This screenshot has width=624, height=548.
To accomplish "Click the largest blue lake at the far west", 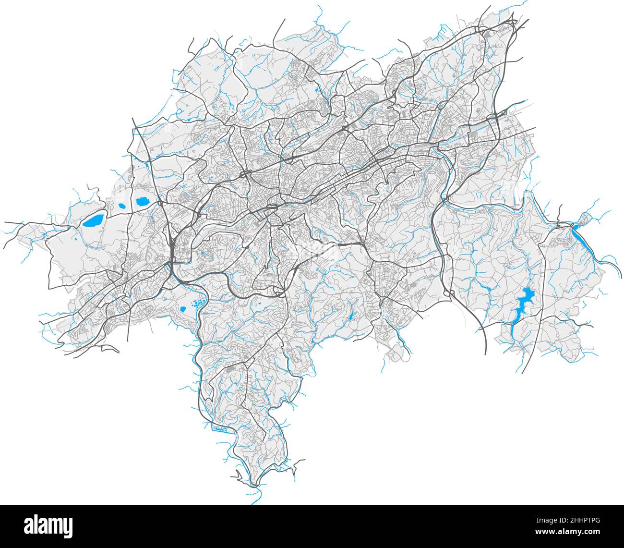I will (x=93, y=220).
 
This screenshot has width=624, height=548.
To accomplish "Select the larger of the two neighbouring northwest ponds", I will (x=142, y=202).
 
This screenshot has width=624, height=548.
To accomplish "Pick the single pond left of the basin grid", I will (x=183, y=309).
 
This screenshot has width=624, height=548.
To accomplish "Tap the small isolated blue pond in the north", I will (x=317, y=89).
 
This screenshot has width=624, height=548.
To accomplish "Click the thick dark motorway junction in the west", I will (x=172, y=250).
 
